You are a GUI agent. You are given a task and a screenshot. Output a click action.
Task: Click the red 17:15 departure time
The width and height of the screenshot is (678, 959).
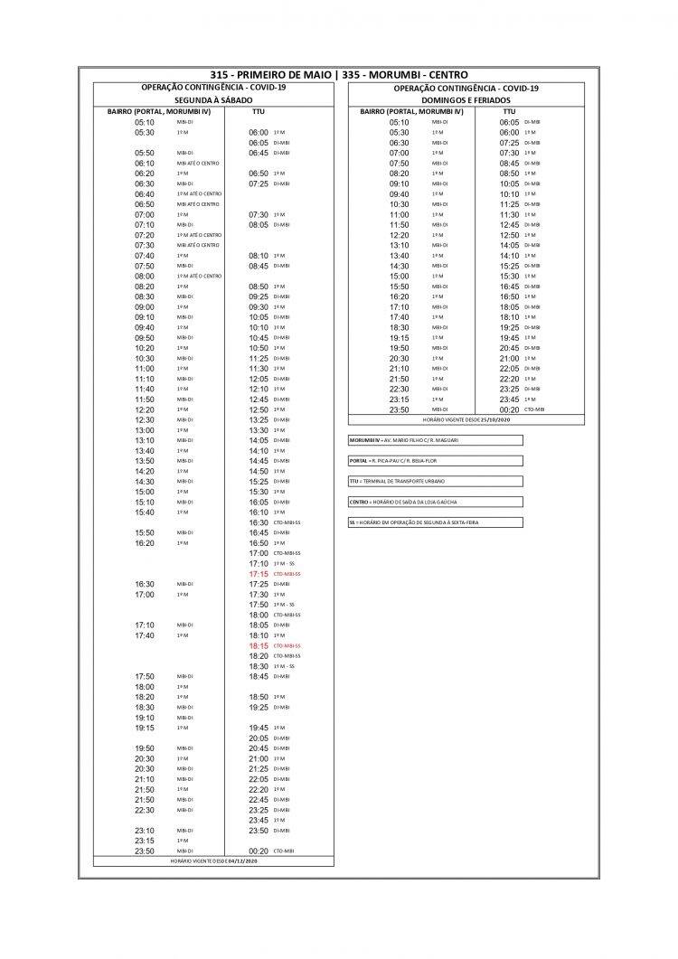pyautogui.click(x=259, y=574)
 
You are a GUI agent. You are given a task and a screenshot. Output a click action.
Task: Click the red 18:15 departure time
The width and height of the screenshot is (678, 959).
pyautogui.click(x=259, y=646)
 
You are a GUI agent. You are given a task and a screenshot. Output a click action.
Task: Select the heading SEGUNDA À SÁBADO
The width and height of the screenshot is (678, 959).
pyautogui.click(x=213, y=99)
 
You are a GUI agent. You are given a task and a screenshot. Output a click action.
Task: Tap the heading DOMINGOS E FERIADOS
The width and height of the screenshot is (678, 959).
pyautogui.click(x=466, y=99)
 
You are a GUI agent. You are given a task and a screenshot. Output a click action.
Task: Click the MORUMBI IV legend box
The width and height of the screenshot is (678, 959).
pyautogui.click(x=435, y=440)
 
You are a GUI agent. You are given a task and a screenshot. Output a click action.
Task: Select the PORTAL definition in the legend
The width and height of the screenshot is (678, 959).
pyautogui.click(x=435, y=461)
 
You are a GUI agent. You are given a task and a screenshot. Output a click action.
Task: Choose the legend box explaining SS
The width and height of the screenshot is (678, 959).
pyautogui.click(x=435, y=522)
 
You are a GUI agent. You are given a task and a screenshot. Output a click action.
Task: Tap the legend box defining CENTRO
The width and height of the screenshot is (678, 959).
pyautogui.click(x=435, y=502)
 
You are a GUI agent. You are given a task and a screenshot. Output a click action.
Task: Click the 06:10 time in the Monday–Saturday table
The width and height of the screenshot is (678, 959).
pyautogui.click(x=145, y=163)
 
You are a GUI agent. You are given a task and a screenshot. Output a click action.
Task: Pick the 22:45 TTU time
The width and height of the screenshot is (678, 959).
pyautogui.click(x=259, y=799)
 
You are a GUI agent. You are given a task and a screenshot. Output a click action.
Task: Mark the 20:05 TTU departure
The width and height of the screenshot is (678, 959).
pyautogui.click(x=259, y=738)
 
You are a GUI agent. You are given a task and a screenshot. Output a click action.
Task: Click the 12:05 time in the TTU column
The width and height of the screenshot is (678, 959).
pyautogui.click(x=259, y=379)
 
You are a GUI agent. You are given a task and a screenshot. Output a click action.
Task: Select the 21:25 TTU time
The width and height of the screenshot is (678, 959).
pyautogui.click(x=259, y=768)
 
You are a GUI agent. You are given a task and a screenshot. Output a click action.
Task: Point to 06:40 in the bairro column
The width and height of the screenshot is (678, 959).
pyautogui.click(x=145, y=193)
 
